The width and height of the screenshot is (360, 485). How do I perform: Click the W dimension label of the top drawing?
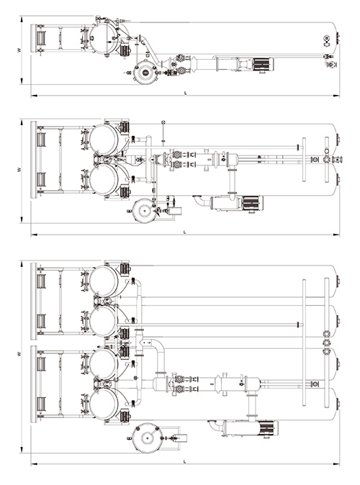pyautogui.click(x=19, y=50)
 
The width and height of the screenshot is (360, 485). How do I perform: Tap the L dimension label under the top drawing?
pyautogui.click(x=186, y=93)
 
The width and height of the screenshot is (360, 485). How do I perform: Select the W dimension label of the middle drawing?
pyautogui.click(x=19, y=170)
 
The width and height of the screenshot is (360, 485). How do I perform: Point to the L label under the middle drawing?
pyautogui.click(x=185, y=232)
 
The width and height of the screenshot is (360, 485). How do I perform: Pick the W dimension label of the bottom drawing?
pyautogui.click(x=19, y=353)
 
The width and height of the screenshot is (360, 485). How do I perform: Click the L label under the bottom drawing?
pyautogui.click(x=185, y=461)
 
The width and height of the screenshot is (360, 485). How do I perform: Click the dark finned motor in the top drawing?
pyautogui.click(x=263, y=64)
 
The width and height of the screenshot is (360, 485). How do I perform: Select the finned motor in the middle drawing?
pyautogui.click(x=253, y=203)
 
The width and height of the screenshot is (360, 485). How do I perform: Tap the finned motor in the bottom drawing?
pyautogui.click(x=267, y=428)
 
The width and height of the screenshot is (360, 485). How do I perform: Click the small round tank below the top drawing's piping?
pyautogui.click(x=145, y=72)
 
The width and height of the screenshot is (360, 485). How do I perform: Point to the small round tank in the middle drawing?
pyautogui.click(x=143, y=211)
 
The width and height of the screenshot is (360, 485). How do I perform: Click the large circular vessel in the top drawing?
pyautogui.click(x=104, y=38)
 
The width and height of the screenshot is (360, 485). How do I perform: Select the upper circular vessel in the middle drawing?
pyautogui.click(x=104, y=139)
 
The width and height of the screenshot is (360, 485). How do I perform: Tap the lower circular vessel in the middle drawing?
pyautogui.click(x=104, y=180)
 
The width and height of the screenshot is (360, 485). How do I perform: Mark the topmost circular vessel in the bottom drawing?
pyautogui.click(x=104, y=281)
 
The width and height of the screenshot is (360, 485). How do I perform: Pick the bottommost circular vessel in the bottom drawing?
pyautogui.click(x=104, y=404)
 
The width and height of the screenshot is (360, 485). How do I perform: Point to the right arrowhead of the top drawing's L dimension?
pyautogui.click(x=336, y=96)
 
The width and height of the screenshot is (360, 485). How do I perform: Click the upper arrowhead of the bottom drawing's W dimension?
pyautogui.click(x=22, y=263)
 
